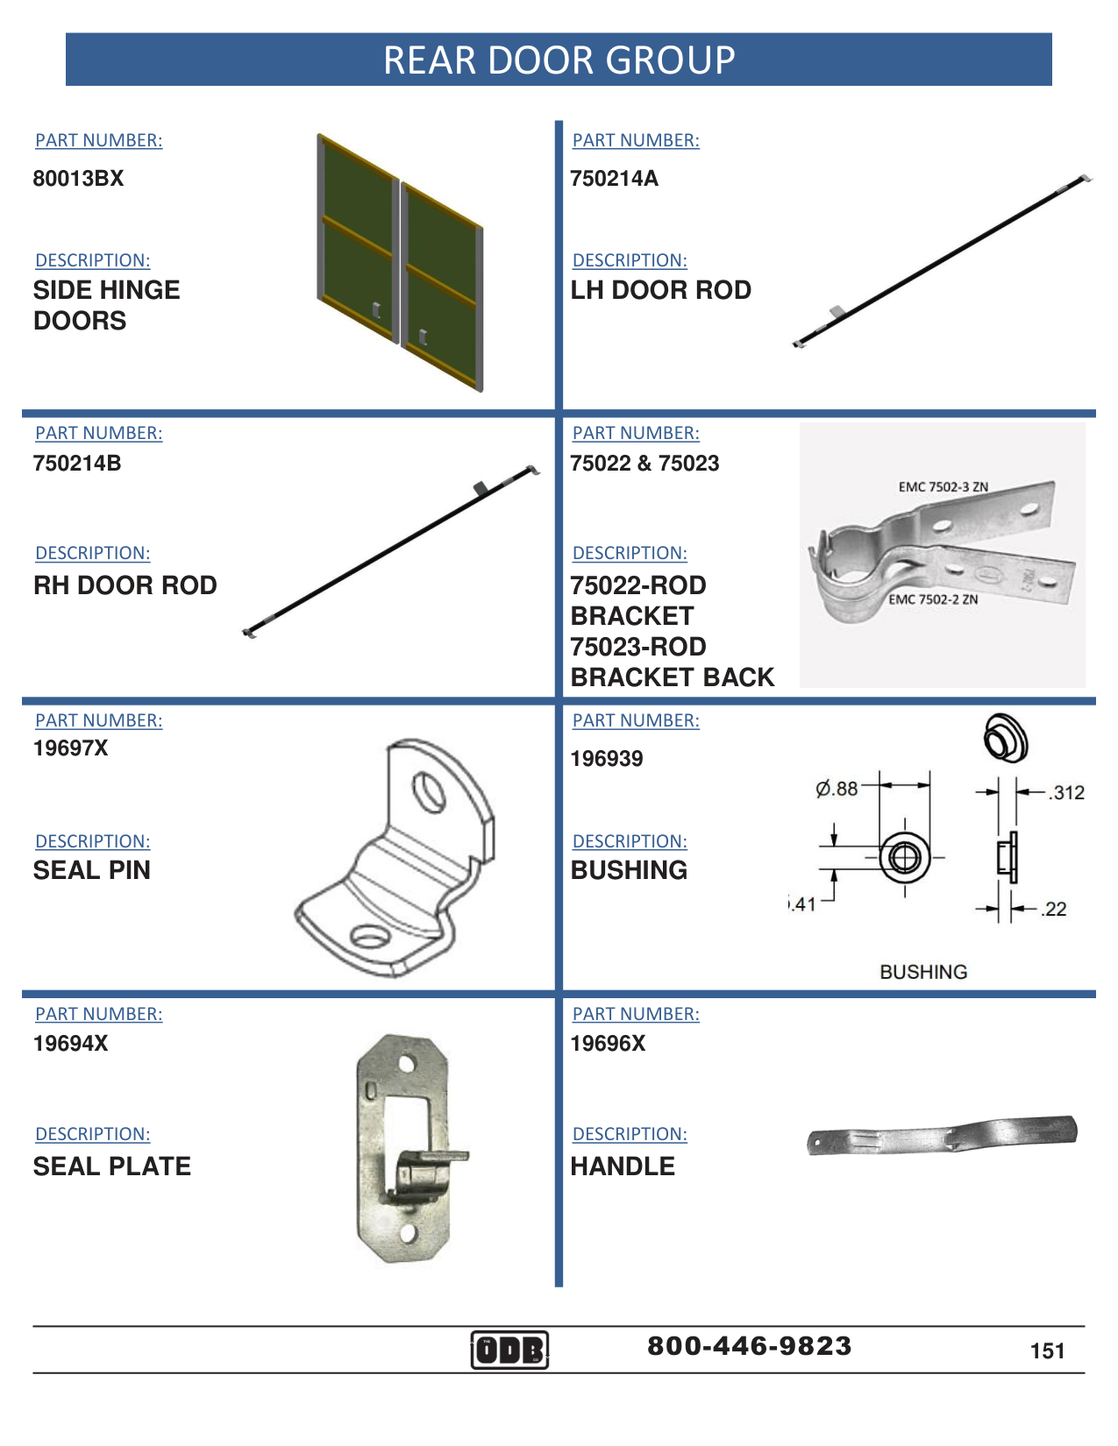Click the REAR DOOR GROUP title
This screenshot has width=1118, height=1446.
[x=559, y=60]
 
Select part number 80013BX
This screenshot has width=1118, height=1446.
[x=78, y=179]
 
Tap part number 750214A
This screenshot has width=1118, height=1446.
[x=614, y=179]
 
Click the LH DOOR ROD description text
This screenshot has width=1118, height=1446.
[x=660, y=290]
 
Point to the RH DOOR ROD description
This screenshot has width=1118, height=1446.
[x=125, y=585]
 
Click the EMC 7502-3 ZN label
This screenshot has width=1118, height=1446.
[x=943, y=487]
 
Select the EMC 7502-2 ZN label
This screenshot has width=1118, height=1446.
[x=933, y=600]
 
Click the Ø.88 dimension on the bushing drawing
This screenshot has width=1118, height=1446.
[x=837, y=789]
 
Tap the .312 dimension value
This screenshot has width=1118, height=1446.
[x=1066, y=793]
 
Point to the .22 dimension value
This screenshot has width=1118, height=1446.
[x=1054, y=910]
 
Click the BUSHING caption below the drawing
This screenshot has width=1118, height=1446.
[x=923, y=972]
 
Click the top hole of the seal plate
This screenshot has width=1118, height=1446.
[x=406, y=1065]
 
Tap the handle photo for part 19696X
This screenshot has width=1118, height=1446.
[x=942, y=1136]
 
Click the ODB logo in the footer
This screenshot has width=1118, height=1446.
[x=509, y=1350]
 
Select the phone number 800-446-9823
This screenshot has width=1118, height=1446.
[x=749, y=1346]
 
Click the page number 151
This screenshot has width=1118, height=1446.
[x=1047, y=1351]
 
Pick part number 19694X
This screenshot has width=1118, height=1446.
[x=70, y=1044]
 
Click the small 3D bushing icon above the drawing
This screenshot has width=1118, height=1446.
[x=1005, y=738]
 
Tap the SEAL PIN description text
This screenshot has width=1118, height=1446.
[x=92, y=870]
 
